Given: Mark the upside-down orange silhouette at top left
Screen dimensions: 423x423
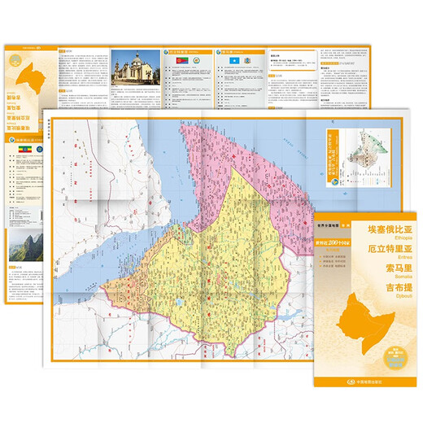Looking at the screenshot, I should tap(24, 76).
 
